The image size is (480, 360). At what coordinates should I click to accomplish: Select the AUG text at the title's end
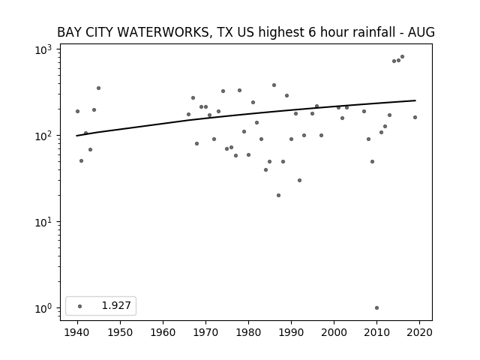point(421,32)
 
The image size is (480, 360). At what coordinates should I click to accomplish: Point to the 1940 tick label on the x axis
point(77,332)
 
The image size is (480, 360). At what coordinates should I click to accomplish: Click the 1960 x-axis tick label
point(163,332)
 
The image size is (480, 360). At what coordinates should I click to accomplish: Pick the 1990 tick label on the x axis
point(291,332)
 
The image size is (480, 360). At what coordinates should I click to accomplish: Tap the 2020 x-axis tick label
point(419,332)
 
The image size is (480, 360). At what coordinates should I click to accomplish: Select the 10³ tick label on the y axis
point(43,50)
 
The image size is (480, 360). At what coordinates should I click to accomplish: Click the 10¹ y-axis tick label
point(43,222)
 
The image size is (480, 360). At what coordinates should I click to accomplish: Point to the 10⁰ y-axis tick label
point(43,308)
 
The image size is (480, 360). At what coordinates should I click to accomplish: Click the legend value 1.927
point(116,305)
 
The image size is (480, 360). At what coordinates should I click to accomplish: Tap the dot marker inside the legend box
point(80,306)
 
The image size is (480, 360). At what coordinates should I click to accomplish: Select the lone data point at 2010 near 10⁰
point(376,308)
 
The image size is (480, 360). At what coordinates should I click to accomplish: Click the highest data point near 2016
point(402,57)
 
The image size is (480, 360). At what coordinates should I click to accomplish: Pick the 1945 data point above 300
point(98,88)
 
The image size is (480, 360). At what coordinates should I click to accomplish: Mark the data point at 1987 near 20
point(278,195)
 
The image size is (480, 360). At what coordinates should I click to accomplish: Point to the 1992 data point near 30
point(300,180)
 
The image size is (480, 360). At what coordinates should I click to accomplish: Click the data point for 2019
point(415,117)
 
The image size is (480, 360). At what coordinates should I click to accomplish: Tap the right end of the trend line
point(415,100)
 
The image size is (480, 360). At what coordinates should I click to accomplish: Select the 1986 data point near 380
point(274,85)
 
